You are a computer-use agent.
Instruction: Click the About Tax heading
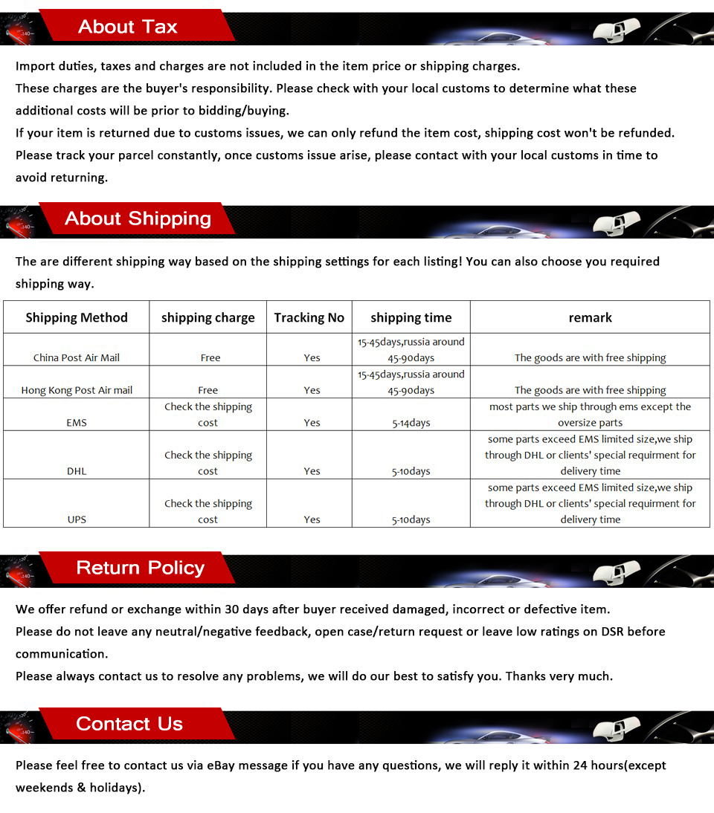tap(127, 27)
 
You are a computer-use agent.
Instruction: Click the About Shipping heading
tap(138, 219)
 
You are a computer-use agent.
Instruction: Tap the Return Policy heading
tap(140, 569)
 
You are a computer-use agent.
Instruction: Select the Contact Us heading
tap(129, 725)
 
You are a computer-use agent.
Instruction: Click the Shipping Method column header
tap(77, 318)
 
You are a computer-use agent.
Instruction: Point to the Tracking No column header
tap(309, 318)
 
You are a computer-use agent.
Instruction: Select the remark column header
tap(590, 318)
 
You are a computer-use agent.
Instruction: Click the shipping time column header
tap(411, 318)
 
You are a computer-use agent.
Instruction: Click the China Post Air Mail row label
tap(77, 357)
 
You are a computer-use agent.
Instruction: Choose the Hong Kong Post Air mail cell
tap(77, 390)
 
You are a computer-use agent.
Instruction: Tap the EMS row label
tap(77, 423)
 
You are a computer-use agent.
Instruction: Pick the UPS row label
tap(77, 519)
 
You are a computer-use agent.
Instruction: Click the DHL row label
tap(77, 471)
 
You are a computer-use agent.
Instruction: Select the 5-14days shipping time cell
tap(411, 423)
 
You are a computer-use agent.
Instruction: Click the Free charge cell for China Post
tap(210, 357)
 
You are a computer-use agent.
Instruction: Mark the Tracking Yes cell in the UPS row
tap(312, 519)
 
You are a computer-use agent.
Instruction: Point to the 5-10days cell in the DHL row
tap(411, 471)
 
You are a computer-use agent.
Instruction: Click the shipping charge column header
tap(208, 318)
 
